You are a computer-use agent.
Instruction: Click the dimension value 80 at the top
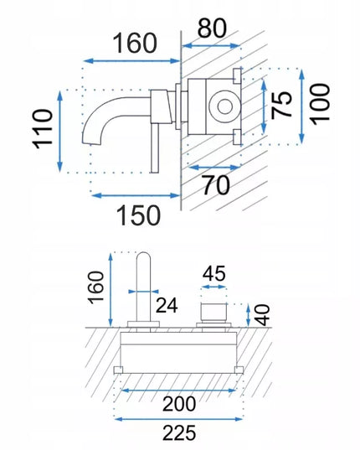212,28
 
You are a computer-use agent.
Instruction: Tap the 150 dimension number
138,215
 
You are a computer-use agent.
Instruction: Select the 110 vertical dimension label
44,129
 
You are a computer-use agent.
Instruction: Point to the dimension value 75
282,105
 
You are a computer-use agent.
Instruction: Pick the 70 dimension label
216,185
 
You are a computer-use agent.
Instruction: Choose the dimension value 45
213,273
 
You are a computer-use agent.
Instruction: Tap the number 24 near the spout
167,305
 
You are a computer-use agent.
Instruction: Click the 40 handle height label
262,315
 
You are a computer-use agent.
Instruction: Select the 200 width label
179,404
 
